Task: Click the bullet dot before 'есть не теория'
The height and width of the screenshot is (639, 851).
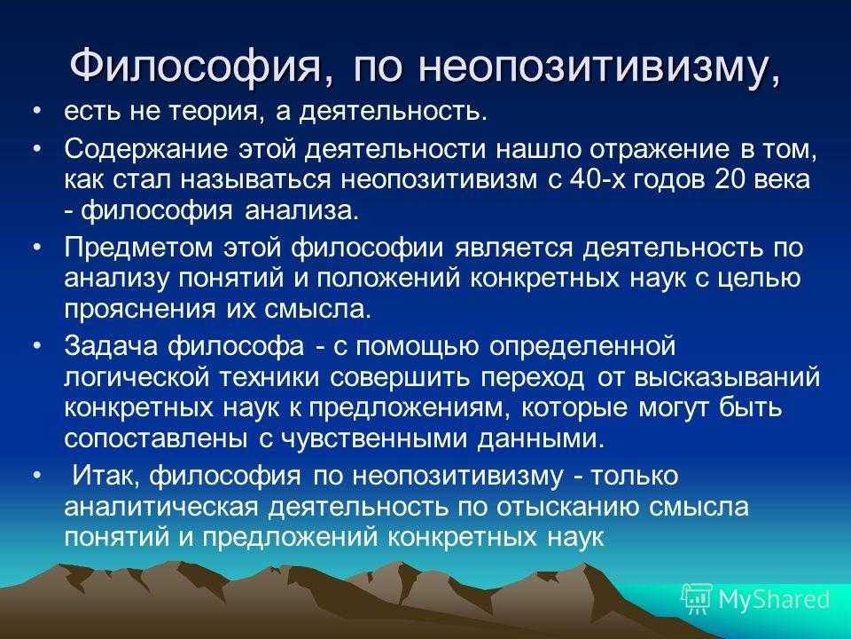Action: point(35,113)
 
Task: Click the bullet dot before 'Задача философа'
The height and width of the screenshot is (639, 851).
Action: point(35,343)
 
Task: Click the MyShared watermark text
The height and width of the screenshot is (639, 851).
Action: point(774,598)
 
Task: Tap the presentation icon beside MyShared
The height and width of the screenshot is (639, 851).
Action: point(697,598)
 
